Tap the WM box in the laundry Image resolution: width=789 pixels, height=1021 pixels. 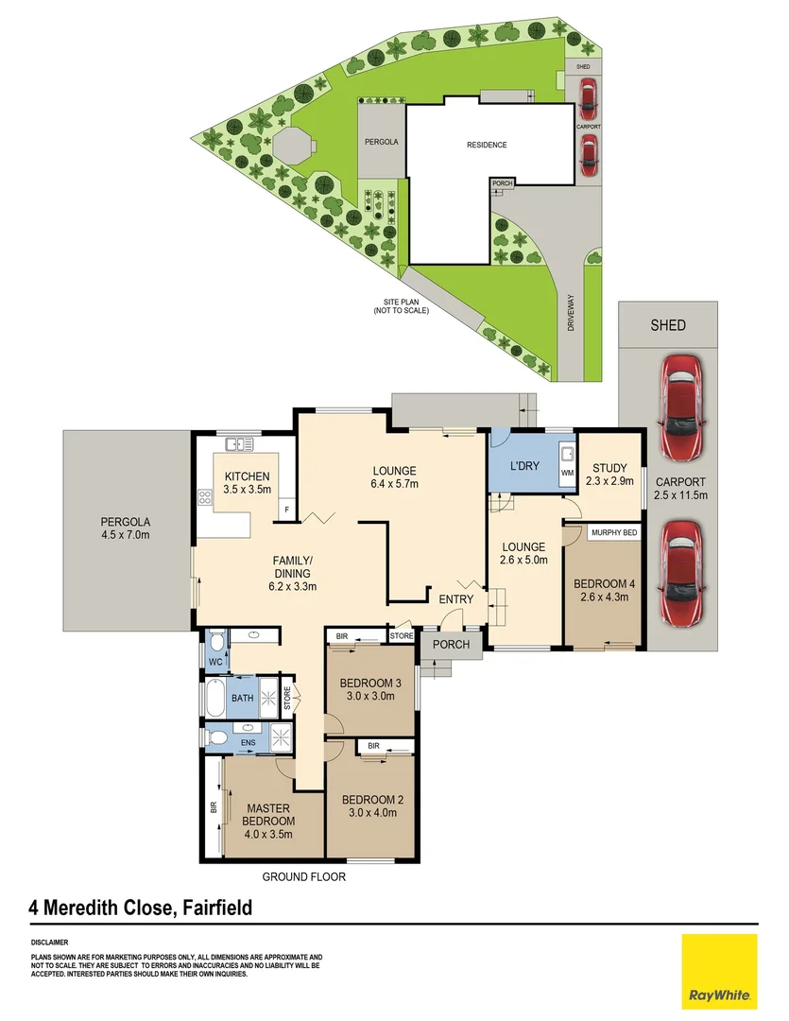coord(567,472)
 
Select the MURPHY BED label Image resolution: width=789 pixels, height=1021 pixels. coord(612,533)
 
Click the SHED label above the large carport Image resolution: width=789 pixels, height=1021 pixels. coord(668,325)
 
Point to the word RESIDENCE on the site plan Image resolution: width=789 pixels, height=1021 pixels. coord(487,145)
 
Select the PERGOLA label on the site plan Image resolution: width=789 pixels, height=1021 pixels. coord(382,141)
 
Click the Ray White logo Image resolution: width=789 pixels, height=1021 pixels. coord(719,971)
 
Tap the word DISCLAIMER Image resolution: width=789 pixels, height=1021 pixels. coord(50,943)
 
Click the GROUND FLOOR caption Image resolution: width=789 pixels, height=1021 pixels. coord(304,876)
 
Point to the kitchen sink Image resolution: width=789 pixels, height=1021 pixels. coord(236,442)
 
